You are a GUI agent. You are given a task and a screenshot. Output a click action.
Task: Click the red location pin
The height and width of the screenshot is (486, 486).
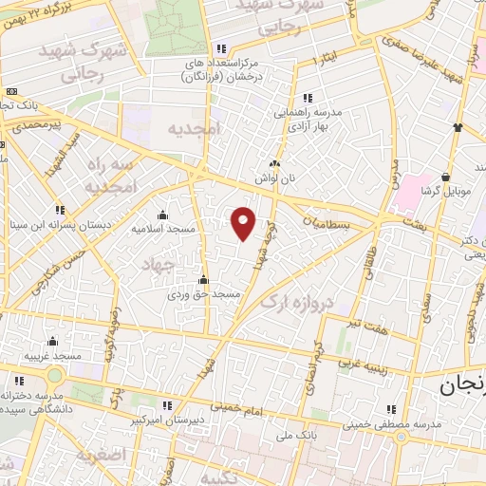point(244,223)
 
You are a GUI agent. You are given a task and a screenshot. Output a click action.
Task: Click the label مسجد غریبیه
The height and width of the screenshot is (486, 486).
point(52,354)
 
